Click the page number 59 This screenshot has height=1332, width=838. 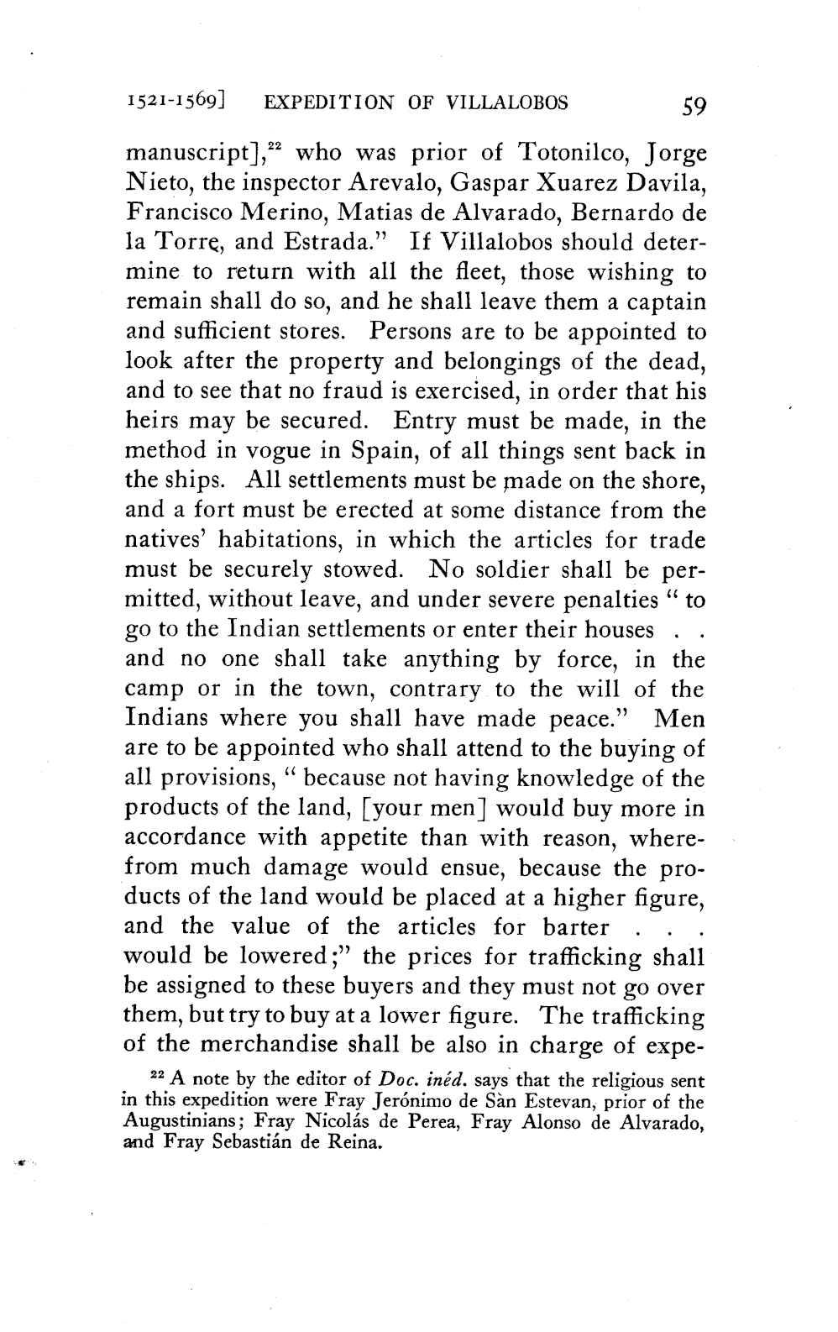[x=695, y=105]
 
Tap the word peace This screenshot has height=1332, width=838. [x=588, y=719]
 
